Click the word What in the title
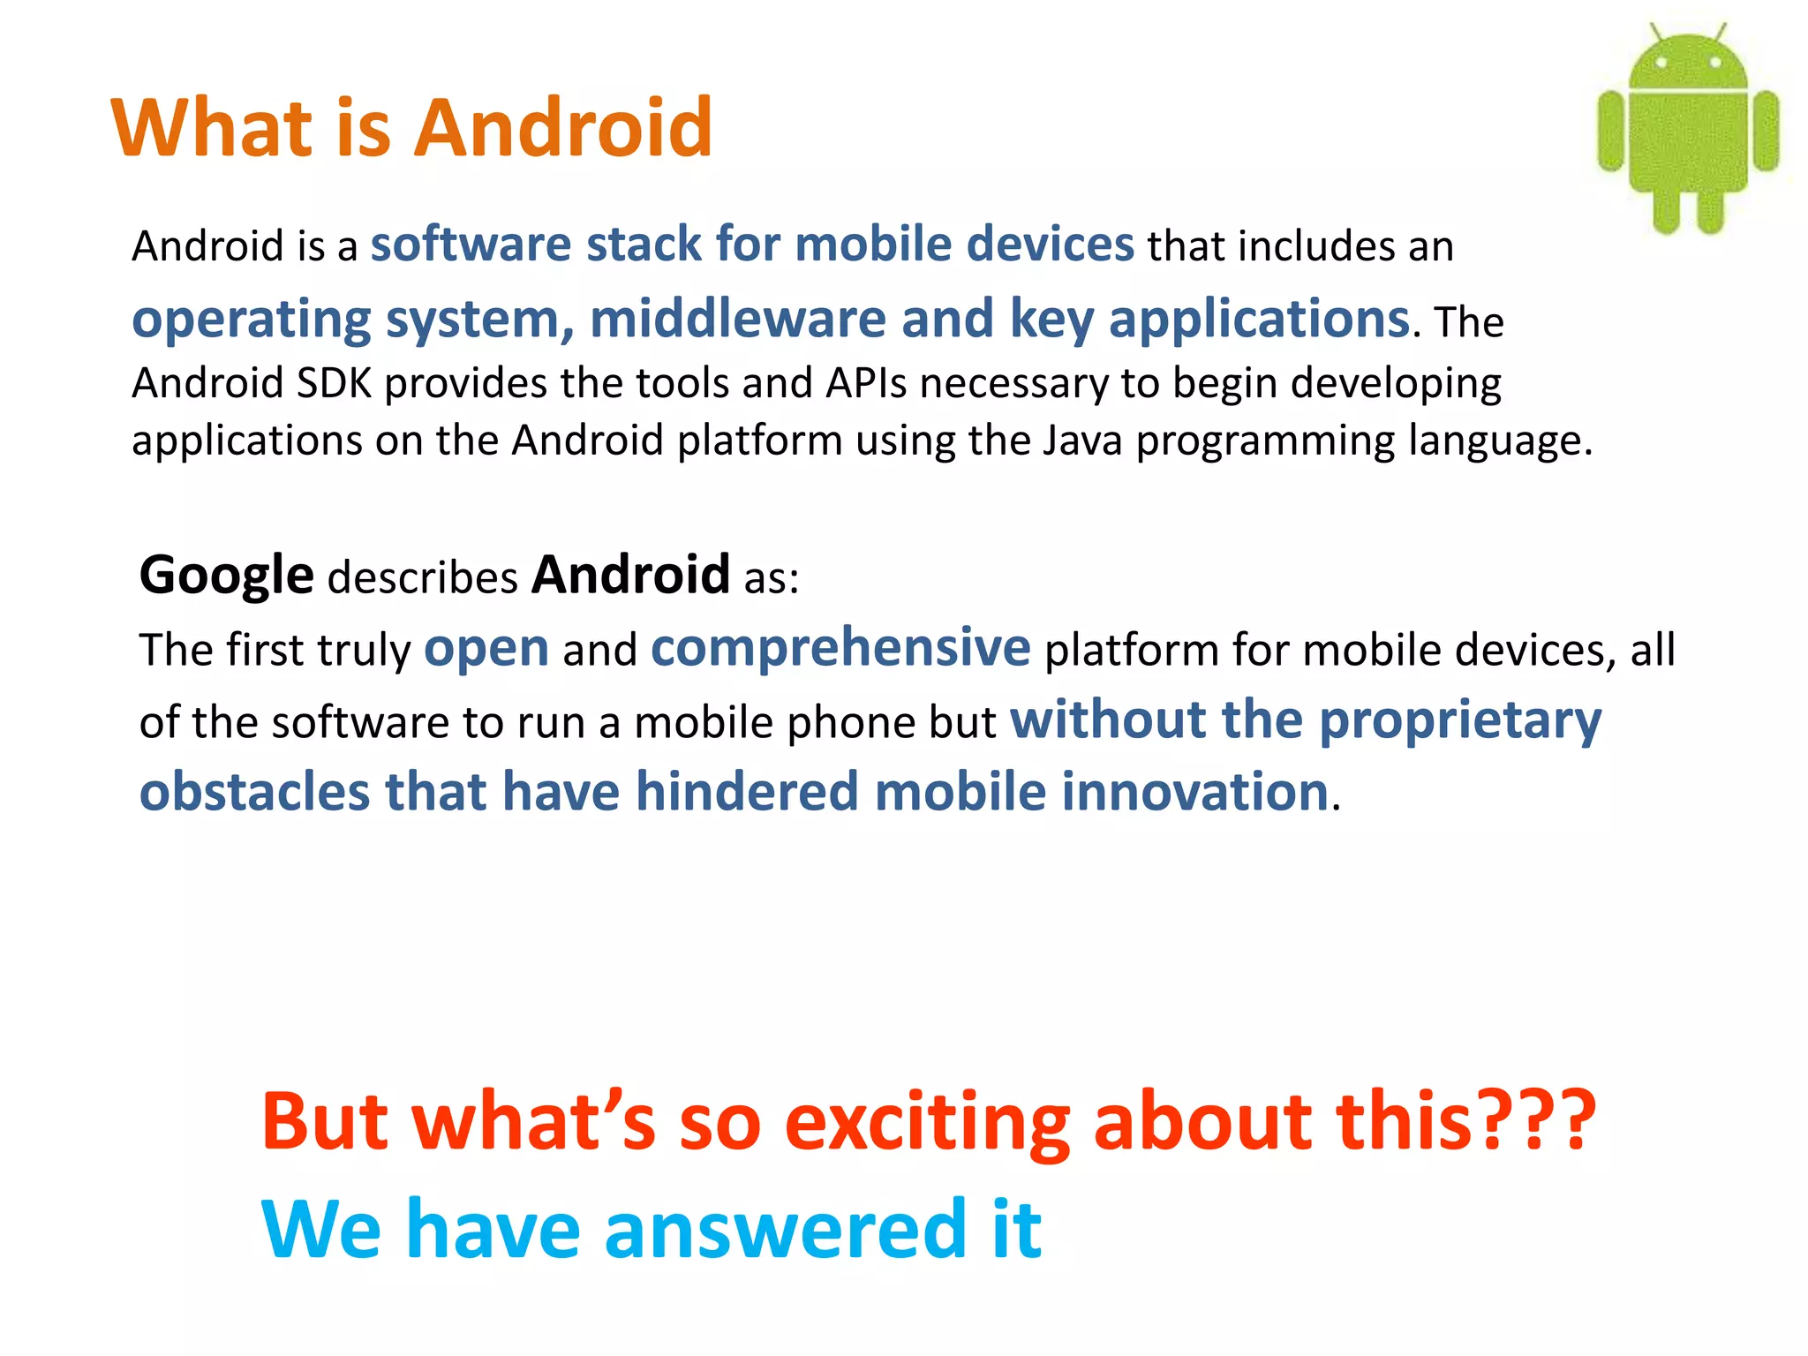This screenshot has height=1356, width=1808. click(x=212, y=128)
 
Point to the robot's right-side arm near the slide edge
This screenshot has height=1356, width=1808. click(x=1766, y=131)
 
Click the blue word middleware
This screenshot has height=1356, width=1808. click(x=737, y=319)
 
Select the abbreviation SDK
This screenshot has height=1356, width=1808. click(x=334, y=384)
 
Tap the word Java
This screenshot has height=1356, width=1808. click(x=1081, y=441)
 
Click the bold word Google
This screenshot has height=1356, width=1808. click(x=226, y=576)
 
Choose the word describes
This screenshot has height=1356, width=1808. click(x=422, y=578)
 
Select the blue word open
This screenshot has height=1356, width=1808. click(x=486, y=649)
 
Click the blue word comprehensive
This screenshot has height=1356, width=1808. click(x=840, y=649)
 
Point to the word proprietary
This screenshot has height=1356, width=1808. click(x=1460, y=721)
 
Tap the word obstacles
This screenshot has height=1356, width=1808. click(x=254, y=791)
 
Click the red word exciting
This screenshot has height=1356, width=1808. click(x=927, y=1123)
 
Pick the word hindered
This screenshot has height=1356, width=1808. click(x=747, y=791)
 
